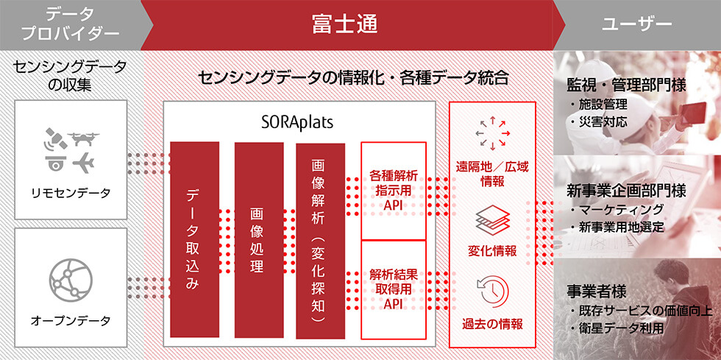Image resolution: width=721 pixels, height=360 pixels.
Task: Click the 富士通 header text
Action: click(345, 24)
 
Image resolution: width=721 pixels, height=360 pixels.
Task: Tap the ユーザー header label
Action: click(637, 24)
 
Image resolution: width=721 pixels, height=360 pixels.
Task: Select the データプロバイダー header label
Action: click(71, 24)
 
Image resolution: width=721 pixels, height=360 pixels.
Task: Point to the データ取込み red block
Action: click(194, 239)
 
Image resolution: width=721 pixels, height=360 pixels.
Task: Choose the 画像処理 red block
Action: click(259, 239)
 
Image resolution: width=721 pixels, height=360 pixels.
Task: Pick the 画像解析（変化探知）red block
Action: click(321, 240)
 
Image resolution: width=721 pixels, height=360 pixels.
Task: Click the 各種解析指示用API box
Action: click(394, 191)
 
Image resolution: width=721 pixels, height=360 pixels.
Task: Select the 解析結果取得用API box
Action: click(394, 289)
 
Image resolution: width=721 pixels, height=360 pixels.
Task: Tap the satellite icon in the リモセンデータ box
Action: click(55, 138)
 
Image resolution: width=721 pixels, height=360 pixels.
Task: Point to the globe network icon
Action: click(71, 280)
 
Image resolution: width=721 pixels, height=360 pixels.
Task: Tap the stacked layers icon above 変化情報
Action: click(492, 220)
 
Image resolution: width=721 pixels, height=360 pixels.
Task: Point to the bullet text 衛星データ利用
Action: click(621, 328)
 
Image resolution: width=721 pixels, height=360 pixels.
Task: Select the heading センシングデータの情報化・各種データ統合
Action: click(353, 78)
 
